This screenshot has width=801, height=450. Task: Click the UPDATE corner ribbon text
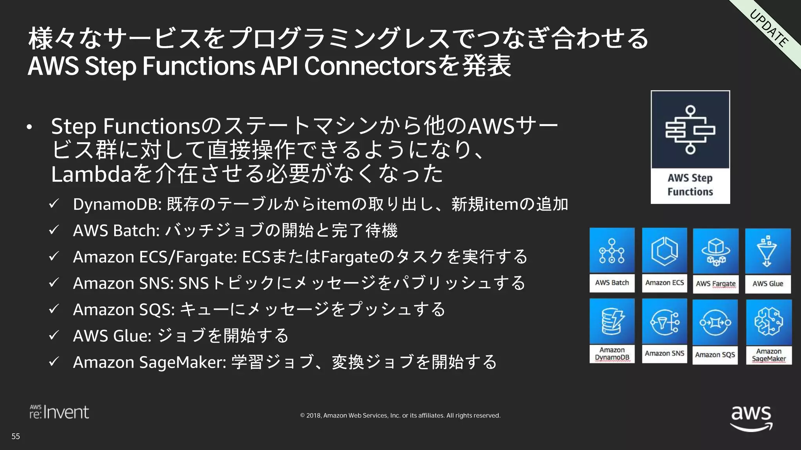769,29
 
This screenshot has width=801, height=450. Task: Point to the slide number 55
16,436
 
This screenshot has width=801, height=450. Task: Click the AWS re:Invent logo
59,412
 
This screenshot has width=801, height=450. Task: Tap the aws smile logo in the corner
751,418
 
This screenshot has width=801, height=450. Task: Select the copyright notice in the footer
400,416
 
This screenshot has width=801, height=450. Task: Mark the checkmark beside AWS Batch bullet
54,230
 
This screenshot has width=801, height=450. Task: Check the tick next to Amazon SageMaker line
54,361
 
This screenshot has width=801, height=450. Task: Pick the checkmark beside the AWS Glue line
54,335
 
